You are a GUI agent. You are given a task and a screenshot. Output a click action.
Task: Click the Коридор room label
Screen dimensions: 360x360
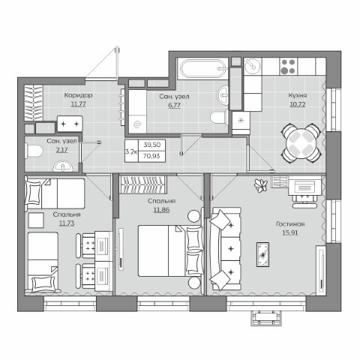(x=78, y=95)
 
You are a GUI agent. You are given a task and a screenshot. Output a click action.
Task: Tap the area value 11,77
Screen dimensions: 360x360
(x=78, y=104)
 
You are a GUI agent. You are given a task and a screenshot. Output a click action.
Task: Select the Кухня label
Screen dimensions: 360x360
(x=298, y=95)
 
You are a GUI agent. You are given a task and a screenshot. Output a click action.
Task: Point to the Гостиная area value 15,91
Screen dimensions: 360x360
(x=290, y=232)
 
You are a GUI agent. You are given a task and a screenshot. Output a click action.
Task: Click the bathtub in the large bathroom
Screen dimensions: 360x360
(x=204, y=68)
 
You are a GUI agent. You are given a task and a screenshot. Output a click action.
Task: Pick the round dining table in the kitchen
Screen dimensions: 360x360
(x=301, y=143)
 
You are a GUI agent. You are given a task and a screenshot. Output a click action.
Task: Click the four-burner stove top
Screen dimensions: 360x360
(x=288, y=66)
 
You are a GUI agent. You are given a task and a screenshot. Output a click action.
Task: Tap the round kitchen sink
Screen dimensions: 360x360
(x=252, y=66)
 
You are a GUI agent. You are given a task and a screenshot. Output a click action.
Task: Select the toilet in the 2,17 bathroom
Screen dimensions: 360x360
(x=34, y=151)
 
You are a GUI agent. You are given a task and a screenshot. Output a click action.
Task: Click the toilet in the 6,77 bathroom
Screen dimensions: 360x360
(x=219, y=118)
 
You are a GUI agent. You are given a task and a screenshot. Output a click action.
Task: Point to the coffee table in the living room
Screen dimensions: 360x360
(x=262, y=254)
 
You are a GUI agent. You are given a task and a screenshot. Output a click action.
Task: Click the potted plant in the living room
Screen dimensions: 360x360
(x=260, y=185)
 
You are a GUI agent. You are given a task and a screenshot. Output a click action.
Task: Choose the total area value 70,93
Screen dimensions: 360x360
(x=151, y=156)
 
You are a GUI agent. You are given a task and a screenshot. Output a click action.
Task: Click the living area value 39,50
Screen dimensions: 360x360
(x=151, y=145)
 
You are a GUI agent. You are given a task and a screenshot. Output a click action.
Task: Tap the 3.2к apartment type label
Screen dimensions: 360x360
(x=131, y=151)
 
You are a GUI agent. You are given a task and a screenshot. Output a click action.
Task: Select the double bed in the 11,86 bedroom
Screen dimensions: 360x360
(x=170, y=250)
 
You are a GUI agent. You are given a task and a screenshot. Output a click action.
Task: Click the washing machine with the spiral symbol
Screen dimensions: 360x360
(x=137, y=124)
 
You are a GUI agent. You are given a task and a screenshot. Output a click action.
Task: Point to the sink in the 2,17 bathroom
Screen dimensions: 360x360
(x=62, y=166)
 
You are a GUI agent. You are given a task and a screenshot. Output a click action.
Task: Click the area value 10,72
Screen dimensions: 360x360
(x=298, y=104)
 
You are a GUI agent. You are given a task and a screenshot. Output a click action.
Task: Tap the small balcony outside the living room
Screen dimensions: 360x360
(x=266, y=318)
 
